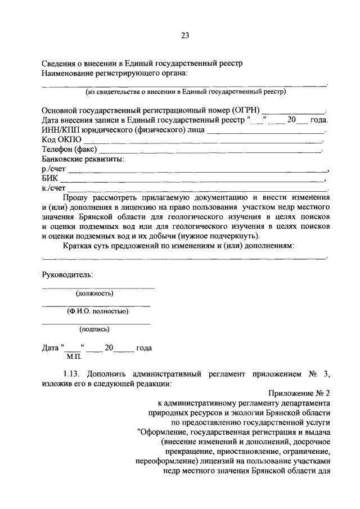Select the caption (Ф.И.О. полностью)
click(97, 311)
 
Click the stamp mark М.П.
click(74, 357)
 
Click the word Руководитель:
click(67, 274)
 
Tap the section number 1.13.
click(73, 374)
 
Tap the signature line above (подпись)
click(96, 323)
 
